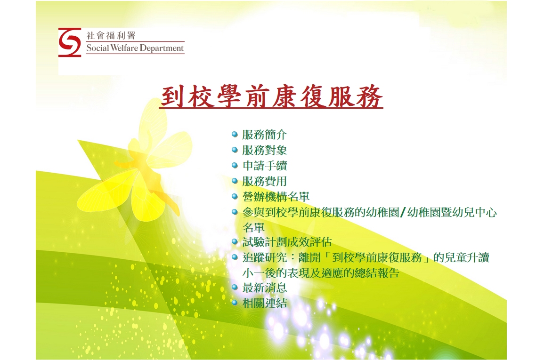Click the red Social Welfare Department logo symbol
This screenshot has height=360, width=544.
click(x=70, y=42)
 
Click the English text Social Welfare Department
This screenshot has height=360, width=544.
click(x=135, y=48)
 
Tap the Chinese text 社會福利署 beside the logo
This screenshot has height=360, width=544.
click(x=111, y=35)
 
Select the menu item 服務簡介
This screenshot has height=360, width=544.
click(x=264, y=135)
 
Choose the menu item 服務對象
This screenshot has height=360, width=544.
click(x=264, y=150)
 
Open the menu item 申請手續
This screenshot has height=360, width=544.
click(x=264, y=166)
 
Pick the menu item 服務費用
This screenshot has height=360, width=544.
click(x=264, y=181)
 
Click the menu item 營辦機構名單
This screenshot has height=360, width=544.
click(x=276, y=197)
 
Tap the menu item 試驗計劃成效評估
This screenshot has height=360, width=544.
click(x=287, y=242)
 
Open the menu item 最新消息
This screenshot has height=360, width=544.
click(x=264, y=288)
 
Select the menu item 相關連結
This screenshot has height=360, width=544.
click(x=264, y=303)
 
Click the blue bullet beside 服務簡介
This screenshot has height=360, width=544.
click(x=235, y=135)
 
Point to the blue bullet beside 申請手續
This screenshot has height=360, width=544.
click(x=235, y=166)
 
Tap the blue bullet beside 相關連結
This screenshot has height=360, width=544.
click(x=235, y=303)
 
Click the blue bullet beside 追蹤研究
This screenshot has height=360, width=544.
click(x=235, y=257)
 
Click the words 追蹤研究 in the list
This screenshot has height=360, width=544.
click(x=264, y=257)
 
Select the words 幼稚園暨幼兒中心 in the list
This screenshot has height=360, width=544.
click(x=452, y=212)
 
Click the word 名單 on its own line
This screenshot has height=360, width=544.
click(x=253, y=228)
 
